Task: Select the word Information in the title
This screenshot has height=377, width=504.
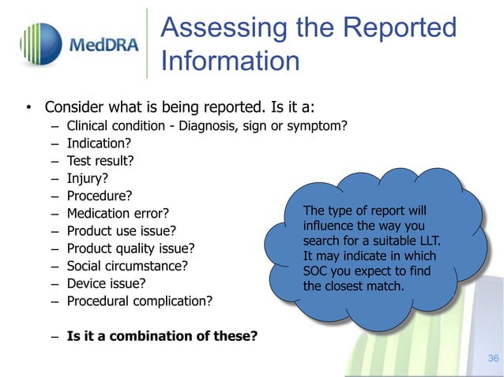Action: pos(230,61)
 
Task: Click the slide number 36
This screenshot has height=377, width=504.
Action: pos(493,359)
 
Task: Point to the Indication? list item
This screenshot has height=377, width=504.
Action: pos(99,144)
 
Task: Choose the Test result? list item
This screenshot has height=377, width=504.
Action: pos(100,162)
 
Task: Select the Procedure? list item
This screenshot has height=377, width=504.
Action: pos(100,196)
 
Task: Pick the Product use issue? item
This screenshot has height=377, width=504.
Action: pos(121,231)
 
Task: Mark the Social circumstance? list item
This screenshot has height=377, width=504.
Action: pos(127,266)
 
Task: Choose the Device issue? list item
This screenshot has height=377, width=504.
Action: pos(107,283)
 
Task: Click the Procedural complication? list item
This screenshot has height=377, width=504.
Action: pos(140,300)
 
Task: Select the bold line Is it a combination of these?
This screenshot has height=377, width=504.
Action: pos(162,336)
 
